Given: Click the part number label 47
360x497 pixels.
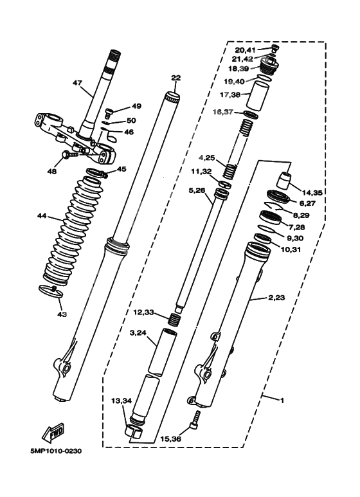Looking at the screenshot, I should click(x=77, y=83).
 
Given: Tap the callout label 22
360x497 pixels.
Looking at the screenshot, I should click(x=175, y=78).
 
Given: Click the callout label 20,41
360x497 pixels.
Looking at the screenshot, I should click(x=245, y=50).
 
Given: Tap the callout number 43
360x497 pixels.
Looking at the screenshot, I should click(x=62, y=314).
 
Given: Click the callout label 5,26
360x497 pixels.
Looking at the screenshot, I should click(x=197, y=190).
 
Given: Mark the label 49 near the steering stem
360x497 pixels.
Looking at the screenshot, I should click(x=136, y=106).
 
